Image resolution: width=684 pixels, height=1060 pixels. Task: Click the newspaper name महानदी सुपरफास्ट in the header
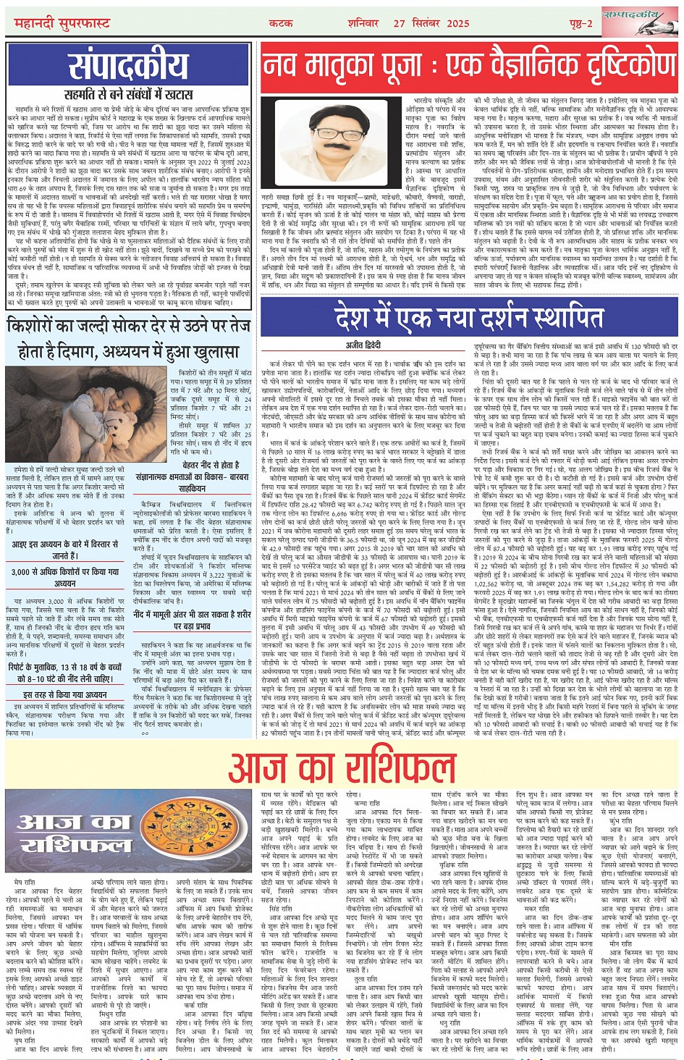pyautogui.click(x=62, y=23)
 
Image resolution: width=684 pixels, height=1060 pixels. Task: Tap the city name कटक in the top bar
pyautogui.click(x=281, y=23)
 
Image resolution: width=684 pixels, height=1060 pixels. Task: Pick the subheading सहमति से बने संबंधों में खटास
pyautogui.click(x=127, y=94)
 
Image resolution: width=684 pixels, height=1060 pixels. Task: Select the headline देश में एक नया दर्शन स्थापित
pyautogui.click(x=469, y=318)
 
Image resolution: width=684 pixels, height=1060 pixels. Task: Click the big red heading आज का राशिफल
pyautogui.click(x=341, y=769)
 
